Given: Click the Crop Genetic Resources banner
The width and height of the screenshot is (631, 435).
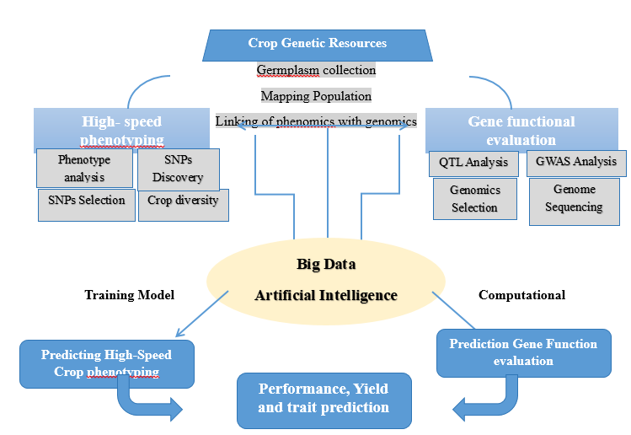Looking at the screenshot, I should click(x=317, y=44).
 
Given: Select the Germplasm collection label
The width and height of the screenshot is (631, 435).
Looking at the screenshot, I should click(x=317, y=70).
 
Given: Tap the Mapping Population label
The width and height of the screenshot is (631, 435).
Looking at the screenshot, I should click(x=316, y=96).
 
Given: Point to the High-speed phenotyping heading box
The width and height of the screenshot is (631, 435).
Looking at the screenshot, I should click(x=122, y=130).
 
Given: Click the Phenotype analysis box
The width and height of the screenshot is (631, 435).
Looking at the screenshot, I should click(x=84, y=168).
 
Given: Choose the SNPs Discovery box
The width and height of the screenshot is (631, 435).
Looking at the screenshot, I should click(x=178, y=169).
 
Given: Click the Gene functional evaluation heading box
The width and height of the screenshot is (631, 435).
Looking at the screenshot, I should click(x=521, y=131).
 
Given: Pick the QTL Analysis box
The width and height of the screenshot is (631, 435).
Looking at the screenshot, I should click(x=473, y=163).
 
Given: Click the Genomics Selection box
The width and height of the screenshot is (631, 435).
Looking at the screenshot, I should click(x=474, y=199).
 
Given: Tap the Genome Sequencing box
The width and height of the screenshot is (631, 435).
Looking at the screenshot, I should click(x=574, y=200).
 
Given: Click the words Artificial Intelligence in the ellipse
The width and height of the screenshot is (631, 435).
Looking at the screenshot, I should click(x=325, y=296).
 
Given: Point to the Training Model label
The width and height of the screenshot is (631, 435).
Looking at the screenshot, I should click(x=129, y=295).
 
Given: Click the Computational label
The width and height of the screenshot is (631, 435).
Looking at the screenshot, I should click(x=521, y=295).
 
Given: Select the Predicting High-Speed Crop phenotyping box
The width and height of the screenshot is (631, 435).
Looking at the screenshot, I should click(x=106, y=363).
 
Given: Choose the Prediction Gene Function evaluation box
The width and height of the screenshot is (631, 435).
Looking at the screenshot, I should click(x=523, y=352).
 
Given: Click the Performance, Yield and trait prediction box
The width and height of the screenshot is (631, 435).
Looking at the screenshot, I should click(x=324, y=398).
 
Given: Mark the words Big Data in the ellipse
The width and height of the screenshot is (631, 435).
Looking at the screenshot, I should click(x=326, y=265).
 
